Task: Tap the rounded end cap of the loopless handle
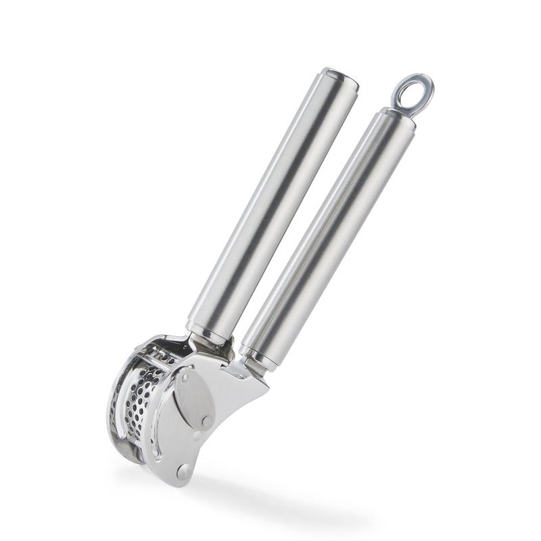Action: (x=340, y=78)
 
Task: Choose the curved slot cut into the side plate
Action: (x=157, y=433)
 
